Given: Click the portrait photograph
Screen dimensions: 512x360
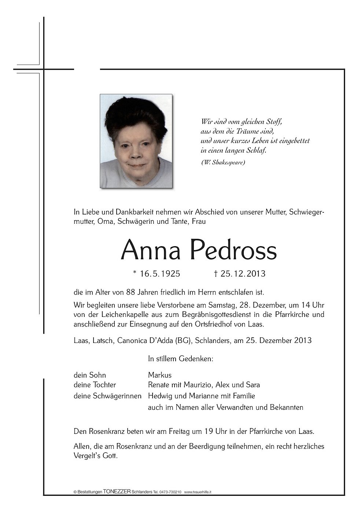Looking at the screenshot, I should [x=136, y=141].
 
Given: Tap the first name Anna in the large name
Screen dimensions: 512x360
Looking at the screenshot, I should [x=151, y=250].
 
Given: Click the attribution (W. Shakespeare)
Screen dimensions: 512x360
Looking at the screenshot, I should [x=223, y=162].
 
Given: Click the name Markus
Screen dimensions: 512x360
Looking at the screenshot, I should [x=159, y=375].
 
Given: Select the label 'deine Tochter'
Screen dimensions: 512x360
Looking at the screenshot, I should [x=95, y=385].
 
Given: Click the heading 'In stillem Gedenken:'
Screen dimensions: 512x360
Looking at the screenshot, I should [x=180, y=359].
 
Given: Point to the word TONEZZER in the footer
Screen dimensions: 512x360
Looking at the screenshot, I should [x=117, y=492].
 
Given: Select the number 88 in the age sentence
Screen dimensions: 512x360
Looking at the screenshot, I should [x=131, y=293].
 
